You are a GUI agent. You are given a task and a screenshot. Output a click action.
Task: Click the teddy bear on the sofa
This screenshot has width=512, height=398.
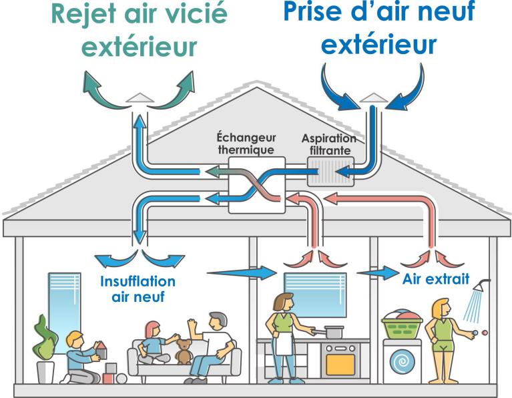[184, 351]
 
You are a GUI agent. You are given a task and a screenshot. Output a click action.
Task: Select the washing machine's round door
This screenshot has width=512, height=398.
[402, 362]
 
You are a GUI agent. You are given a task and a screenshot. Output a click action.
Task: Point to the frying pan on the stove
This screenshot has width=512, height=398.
[332, 330]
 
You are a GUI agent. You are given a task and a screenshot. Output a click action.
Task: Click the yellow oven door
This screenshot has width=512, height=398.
[340, 364]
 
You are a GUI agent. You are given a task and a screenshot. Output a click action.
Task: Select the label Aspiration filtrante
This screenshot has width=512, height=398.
[328, 144]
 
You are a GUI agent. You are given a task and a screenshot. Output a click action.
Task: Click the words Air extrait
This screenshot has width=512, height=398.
[435, 278]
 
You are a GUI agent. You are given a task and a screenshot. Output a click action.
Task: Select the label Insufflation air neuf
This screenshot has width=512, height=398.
[138, 288]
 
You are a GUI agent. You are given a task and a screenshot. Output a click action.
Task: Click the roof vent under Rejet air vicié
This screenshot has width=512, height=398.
[140, 97]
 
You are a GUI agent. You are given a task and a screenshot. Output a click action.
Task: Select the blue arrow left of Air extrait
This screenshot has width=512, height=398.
[377, 273]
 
